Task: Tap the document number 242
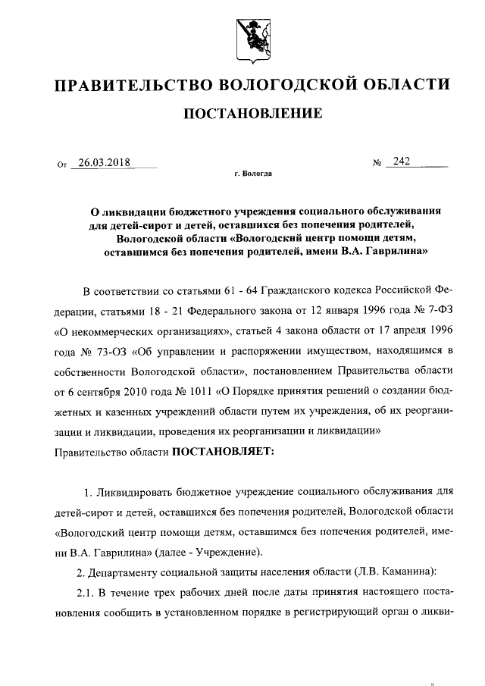click(x=402, y=161)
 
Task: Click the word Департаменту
click(x=138, y=570)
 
